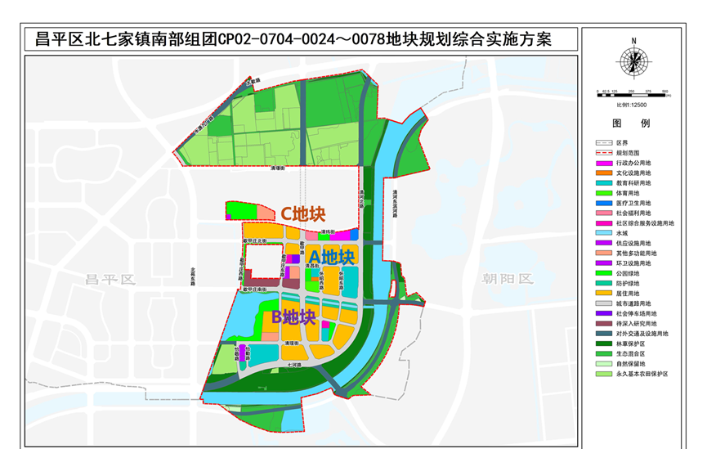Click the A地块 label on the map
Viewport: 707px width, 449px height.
[x=331, y=257]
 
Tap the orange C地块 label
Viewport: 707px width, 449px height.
[x=303, y=213]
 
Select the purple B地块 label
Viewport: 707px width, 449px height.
[x=293, y=316]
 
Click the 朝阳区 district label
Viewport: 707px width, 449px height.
[x=507, y=279]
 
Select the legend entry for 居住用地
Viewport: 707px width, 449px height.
[x=629, y=293]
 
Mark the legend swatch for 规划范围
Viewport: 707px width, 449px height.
[x=604, y=153]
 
